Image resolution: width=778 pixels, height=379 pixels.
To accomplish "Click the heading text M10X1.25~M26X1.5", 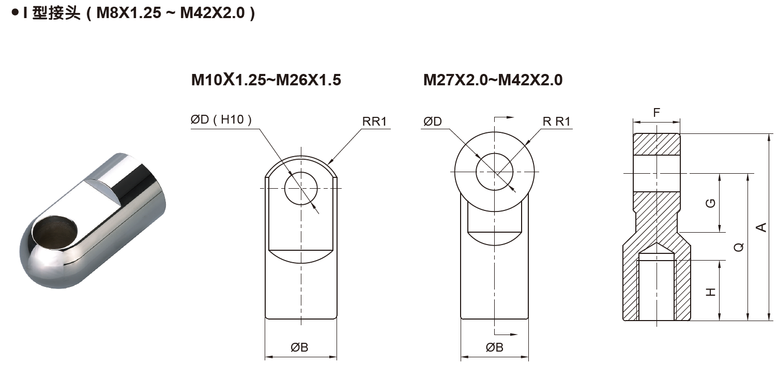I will point(266,80).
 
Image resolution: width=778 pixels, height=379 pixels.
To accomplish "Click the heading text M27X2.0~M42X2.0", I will point(493,80).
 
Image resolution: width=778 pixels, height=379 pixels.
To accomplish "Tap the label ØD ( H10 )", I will point(221,120).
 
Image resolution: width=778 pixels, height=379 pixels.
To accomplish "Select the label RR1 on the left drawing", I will point(374,122).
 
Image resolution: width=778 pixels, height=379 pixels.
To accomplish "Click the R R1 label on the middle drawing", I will point(556,122).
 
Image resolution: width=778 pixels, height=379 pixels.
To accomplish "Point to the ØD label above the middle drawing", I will point(433,122).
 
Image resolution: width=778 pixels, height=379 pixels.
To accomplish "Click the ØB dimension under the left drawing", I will point(299,347).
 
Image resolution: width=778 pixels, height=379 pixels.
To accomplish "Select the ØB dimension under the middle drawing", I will point(494,347).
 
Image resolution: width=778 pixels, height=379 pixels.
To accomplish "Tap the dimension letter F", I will point(656,112).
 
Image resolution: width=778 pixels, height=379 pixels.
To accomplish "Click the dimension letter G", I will point(711,203).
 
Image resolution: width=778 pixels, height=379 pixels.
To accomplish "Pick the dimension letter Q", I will point(739,247).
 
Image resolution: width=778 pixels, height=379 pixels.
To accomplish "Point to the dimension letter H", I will point(711,292).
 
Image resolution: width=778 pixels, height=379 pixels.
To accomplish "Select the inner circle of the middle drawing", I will point(495,172).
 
